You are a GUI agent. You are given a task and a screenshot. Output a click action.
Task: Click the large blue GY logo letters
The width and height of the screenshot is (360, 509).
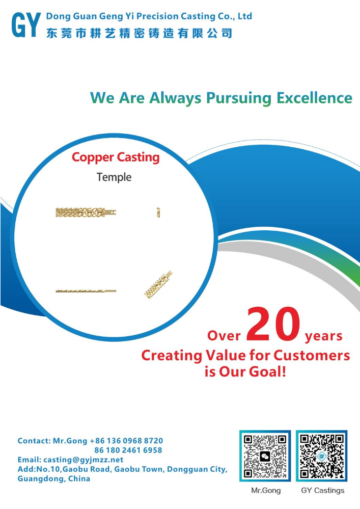pos(26,24)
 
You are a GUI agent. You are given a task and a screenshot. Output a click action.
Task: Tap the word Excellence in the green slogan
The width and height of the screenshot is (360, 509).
pos(314,98)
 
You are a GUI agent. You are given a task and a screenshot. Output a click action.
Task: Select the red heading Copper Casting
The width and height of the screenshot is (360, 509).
pos(116,157)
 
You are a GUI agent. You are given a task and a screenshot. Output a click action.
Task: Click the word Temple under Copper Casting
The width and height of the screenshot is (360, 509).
pos(114,177)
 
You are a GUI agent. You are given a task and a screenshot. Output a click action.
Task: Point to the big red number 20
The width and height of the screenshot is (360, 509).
pos(273,324)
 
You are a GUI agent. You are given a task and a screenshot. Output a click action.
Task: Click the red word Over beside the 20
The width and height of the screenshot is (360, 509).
pos(224,336)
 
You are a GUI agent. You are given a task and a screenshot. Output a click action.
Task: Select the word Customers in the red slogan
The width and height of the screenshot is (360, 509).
pos(312,355)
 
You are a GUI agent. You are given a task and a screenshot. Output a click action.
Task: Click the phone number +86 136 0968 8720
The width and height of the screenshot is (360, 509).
pos(126,441)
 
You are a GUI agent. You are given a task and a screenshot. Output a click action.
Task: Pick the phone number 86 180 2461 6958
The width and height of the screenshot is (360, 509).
pos(128,450)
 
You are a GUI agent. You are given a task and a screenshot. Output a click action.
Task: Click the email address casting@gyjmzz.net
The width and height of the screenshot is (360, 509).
pos(84,460)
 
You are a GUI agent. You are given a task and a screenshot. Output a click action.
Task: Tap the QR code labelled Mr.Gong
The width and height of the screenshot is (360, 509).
pos(265,456)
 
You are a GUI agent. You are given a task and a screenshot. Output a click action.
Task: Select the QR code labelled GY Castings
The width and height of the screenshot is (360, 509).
pos(322,456)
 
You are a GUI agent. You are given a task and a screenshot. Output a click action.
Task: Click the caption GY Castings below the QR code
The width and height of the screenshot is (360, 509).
pos(323,491)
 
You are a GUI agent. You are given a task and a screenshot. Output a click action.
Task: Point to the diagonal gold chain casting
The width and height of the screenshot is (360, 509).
pos(158,285)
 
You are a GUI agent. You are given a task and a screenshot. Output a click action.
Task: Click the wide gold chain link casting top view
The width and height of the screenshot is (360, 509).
pos(86,212)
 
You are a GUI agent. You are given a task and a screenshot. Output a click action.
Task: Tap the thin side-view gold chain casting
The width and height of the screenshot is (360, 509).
pos(86,291)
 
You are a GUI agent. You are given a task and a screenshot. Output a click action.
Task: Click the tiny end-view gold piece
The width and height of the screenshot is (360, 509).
pos(158,212)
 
